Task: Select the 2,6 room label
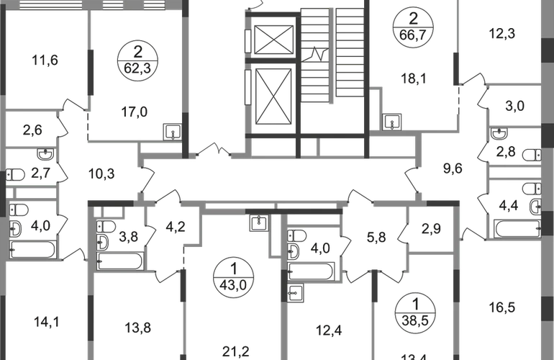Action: click(x=32, y=130)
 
